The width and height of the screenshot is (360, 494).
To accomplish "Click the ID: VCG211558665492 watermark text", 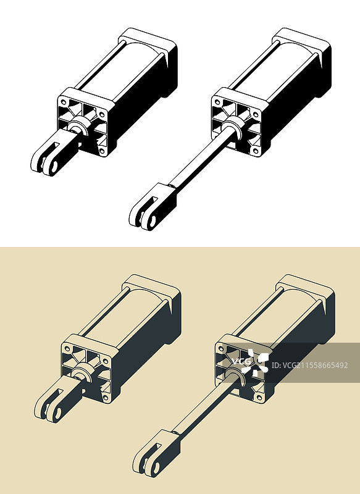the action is pyautogui.click(x=309, y=366).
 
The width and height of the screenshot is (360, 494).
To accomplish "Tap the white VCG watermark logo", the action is pyautogui.click(x=250, y=362).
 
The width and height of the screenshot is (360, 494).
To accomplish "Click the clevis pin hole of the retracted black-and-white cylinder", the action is pyautogui.click(x=54, y=167).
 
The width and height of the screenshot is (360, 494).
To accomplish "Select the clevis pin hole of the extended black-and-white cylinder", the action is pyautogui.click(x=152, y=221).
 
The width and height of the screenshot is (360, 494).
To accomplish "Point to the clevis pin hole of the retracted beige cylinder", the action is pyautogui.click(x=57, y=412).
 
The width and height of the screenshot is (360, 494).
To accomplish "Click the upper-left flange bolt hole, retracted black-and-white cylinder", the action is pyautogui.click(x=64, y=102).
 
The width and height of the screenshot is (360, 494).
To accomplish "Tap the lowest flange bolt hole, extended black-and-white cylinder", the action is pyautogui.click(x=256, y=151).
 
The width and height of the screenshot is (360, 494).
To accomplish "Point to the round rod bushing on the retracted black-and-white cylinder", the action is pyautogui.click(x=78, y=126).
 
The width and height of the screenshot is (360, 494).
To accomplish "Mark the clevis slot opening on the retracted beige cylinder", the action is pyautogui.click(x=60, y=392).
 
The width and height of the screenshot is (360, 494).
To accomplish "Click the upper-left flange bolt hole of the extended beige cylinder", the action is pyautogui.click(x=221, y=348).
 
